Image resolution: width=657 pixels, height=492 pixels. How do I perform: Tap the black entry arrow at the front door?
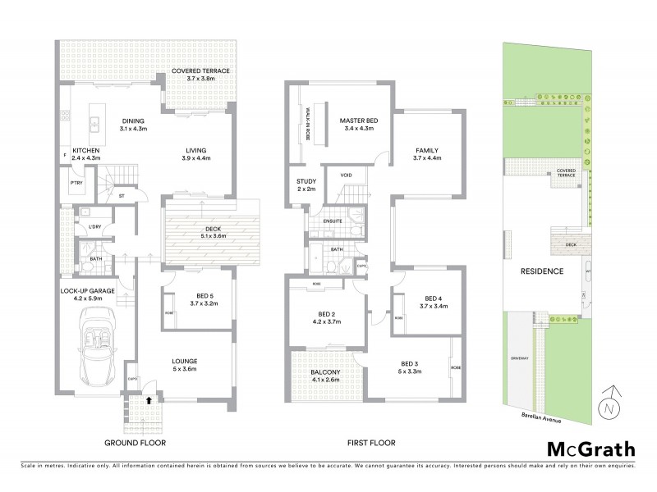pyautogui.click(x=148, y=402)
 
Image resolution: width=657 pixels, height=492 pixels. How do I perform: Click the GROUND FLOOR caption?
pyautogui.click(x=135, y=443)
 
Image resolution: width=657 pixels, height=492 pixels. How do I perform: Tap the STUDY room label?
pyautogui.click(x=306, y=181)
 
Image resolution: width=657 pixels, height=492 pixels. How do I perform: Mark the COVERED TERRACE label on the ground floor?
pyautogui.click(x=200, y=71)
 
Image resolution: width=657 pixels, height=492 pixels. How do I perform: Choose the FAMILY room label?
pyautogui.click(x=427, y=151)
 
